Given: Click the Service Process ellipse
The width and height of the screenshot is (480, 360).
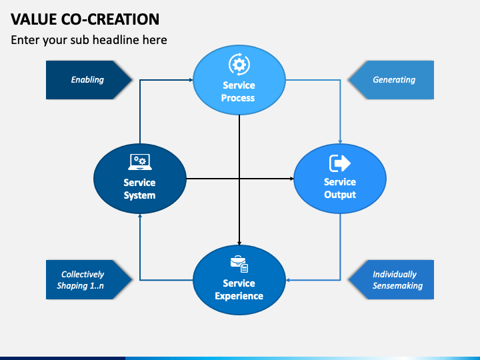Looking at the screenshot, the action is (x=239, y=80).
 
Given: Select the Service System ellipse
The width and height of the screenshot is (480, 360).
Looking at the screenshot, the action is (x=140, y=179).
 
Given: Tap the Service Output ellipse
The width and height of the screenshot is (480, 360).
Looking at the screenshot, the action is (x=340, y=179).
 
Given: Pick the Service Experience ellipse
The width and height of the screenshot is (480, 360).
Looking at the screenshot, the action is (x=239, y=280).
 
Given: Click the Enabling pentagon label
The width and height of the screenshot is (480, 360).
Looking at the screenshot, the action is (x=89, y=80).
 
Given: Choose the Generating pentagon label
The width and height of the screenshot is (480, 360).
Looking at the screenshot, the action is (x=391, y=80).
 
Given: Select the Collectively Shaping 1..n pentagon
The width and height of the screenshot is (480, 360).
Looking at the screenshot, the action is (x=89, y=279).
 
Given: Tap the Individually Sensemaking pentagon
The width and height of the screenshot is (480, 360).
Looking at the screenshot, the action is (x=391, y=279).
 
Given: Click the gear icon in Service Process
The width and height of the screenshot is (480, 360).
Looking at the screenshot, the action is (x=239, y=64).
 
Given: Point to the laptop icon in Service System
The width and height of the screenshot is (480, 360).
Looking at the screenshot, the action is (x=140, y=162).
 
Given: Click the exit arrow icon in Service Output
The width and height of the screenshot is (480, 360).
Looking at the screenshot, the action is (x=340, y=163).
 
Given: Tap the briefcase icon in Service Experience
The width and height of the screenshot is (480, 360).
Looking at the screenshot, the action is (x=239, y=263).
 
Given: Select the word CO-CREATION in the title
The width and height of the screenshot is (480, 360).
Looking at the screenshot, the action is (x=110, y=19).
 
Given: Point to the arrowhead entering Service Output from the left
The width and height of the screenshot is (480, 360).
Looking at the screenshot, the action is (x=292, y=179).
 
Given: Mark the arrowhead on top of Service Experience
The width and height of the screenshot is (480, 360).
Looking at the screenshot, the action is (x=239, y=243).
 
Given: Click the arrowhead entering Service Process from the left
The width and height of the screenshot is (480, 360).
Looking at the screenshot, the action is (x=191, y=80).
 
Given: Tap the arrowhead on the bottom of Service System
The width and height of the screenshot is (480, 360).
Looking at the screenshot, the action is (x=140, y=216).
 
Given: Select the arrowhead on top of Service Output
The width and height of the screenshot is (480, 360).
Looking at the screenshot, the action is (x=340, y=142).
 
